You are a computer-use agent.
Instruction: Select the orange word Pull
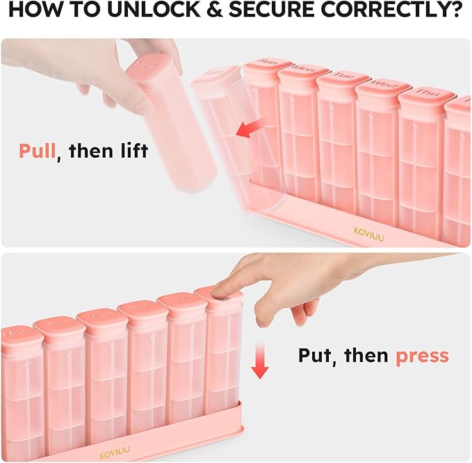[x=36, y=150]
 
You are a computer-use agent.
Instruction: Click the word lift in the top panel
[x=131, y=150]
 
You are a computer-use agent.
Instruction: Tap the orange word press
[x=422, y=355]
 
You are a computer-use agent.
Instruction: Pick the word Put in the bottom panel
[x=317, y=355]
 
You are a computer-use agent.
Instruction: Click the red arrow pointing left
[x=250, y=127]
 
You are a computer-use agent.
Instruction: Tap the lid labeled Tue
[x=341, y=78]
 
